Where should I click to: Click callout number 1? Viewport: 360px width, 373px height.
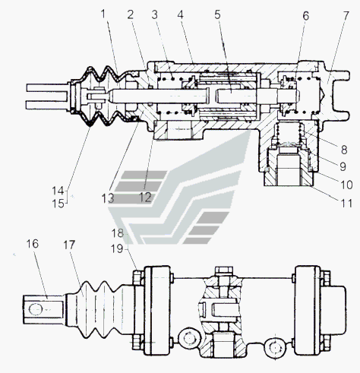point(103,14)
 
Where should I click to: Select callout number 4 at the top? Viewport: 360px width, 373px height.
point(180,15)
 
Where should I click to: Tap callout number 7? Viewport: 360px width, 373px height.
point(346,15)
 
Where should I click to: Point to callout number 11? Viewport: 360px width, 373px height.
point(347,203)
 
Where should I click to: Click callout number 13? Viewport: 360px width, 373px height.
point(108,198)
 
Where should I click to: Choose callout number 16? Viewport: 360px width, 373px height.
point(33,244)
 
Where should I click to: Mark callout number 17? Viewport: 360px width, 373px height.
point(69,245)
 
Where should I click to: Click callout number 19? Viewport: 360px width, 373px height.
point(117,249)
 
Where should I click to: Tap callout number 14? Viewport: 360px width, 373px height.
point(58,191)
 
